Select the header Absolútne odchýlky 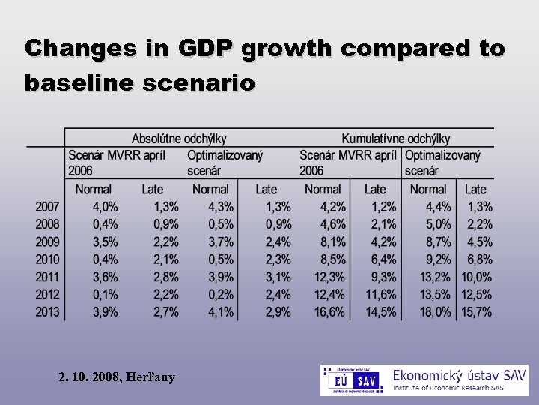click(179, 139)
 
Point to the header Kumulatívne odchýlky click(395, 139)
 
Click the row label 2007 click(48, 207)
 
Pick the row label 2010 click(48, 259)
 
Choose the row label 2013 click(48, 312)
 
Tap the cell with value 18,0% click(432, 312)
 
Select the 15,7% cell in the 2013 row click(476, 312)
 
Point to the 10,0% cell click(476, 277)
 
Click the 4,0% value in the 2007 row click(105, 207)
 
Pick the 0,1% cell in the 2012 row click(105, 295)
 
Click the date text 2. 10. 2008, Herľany click(117, 377)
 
